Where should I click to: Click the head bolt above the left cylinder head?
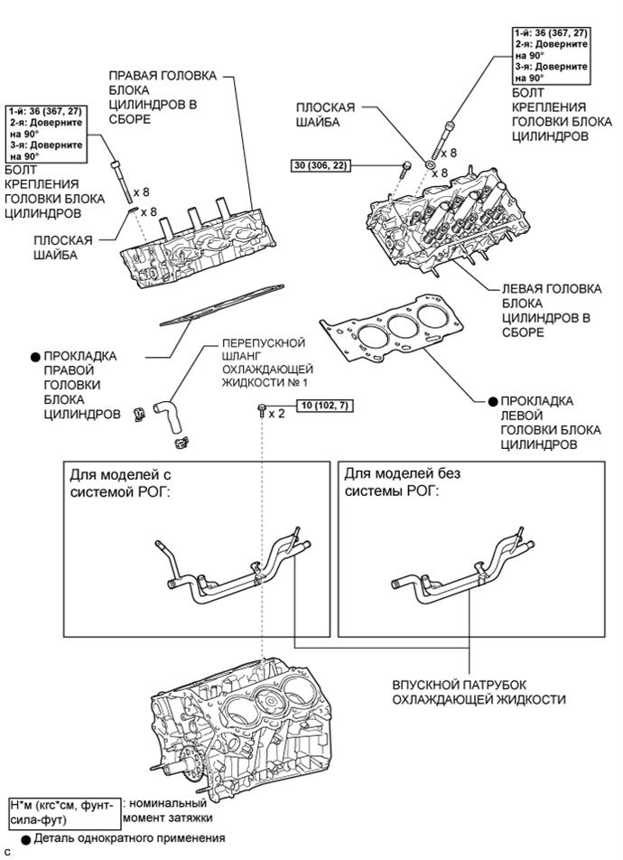449,141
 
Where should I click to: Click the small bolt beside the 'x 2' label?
261,412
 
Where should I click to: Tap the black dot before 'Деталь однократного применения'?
26,838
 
